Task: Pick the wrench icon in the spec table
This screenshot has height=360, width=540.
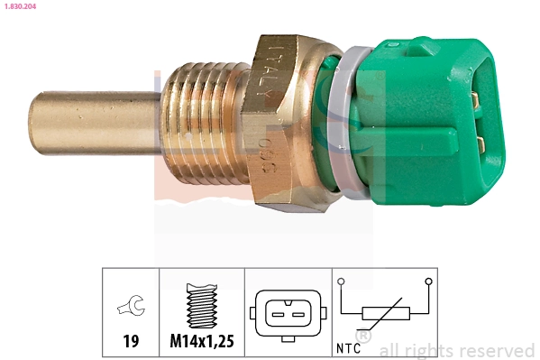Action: pyautogui.click(x=130, y=309)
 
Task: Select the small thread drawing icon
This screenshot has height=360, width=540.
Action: pyautogui.click(x=202, y=305)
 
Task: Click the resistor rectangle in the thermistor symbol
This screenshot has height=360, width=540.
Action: pyautogui.click(x=385, y=314)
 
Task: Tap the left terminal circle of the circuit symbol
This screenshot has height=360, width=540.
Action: pyautogui.click(x=343, y=282)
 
